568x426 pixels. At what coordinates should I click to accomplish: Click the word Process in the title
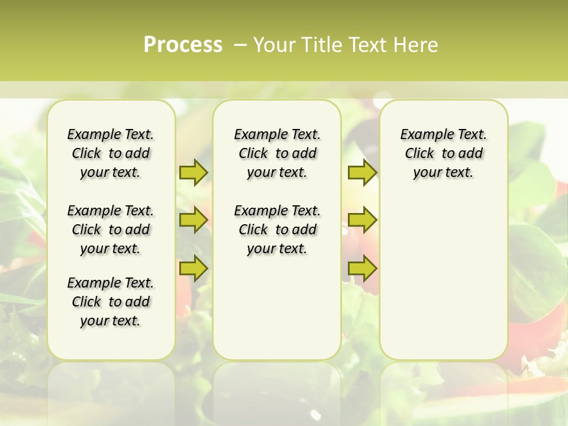coord(183,44)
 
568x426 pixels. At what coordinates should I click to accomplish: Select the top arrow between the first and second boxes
coord(193,172)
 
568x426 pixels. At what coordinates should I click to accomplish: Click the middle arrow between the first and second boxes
coord(193,220)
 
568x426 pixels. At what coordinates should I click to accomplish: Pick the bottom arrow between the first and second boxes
coord(193,268)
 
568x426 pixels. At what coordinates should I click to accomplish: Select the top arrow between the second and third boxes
coord(362,172)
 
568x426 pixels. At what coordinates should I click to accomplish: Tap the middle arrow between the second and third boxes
coord(362,220)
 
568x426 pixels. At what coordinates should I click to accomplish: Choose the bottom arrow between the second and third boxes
coord(362,268)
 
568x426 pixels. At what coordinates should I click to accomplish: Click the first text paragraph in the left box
coord(111,153)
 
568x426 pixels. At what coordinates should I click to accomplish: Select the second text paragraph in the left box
coord(111,230)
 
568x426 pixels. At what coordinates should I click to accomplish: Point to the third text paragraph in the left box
coord(111,302)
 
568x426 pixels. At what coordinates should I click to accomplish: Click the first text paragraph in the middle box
coord(277,153)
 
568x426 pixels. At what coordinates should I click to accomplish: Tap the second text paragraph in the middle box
coord(277,230)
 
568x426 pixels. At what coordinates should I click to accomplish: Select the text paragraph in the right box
coord(443,153)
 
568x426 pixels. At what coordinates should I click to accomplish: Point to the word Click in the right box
coord(419,154)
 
